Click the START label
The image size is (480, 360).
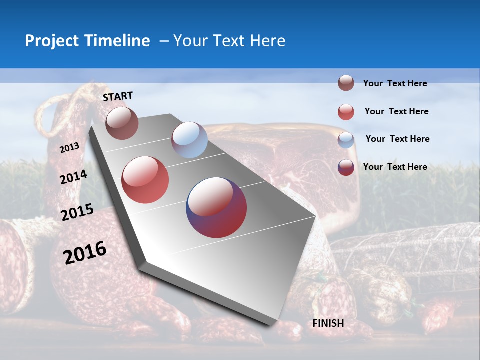tap(118, 96)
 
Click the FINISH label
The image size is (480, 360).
tap(328, 323)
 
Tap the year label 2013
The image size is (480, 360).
tap(69, 148)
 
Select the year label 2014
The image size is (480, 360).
tap(73, 177)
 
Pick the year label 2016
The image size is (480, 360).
tap(85, 252)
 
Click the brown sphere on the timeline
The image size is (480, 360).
tap(122, 123)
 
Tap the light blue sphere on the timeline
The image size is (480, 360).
tap(189, 140)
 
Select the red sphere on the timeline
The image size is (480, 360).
tap(145, 180)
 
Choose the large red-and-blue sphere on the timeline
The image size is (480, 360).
tap(216, 207)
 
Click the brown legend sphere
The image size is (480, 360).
tap(346, 83)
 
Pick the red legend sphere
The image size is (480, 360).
tap(346, 112)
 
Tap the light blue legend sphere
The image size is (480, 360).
tap(346, 140)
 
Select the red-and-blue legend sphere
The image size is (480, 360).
tap(346, 167)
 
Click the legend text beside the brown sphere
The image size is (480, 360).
tap(395, 83)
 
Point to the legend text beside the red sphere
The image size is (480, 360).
tap(396, 111)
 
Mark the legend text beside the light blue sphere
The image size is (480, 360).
tap(397, 139)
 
